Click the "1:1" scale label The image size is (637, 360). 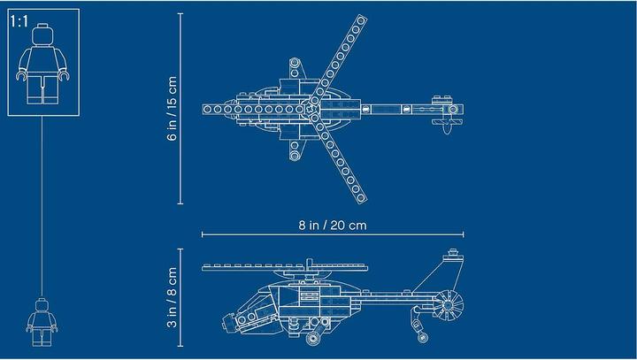[x=19, y=22]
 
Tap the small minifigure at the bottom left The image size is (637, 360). [x=42, y=322]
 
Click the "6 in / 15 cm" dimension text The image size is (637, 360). [x=173, y=110]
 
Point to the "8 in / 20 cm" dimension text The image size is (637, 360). [x=331, y=225]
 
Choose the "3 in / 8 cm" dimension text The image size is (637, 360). [x=173, y=297]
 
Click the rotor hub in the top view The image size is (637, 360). [x=315, y=110]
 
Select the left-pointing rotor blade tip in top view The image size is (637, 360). [x=206, y=110]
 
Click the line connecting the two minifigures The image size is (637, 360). [x=42, y=212]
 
